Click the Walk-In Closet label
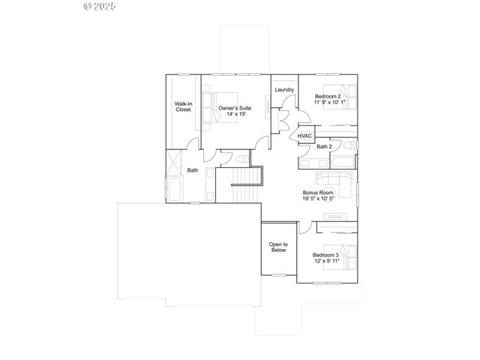coord(183,106)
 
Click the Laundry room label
coord(283,90)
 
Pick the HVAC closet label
coord(304,136)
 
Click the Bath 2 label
coord(324,146)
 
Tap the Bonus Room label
coord(318,192)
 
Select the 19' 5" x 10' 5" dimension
coord(318,199)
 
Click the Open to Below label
coord(278,247)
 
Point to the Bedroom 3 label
coord(326,255)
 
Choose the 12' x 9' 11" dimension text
coord(326,262)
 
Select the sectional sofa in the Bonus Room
coord(334,180)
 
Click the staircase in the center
coord(244,191)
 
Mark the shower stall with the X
coord(174,162)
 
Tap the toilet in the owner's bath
coord(238,159)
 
